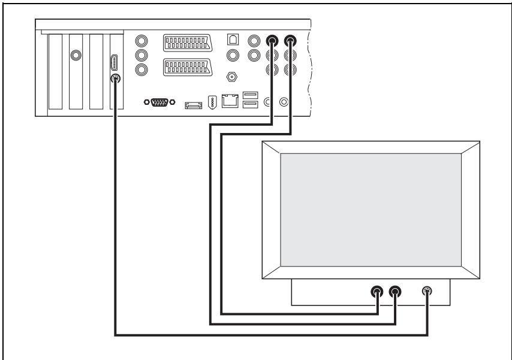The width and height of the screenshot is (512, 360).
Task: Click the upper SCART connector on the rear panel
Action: (x=188, y=43)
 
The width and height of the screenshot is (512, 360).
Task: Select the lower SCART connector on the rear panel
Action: (x=188, y=68)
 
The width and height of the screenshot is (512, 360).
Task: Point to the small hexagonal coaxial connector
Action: (x=231, y=77)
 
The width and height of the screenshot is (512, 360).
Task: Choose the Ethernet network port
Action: (x=229, y=102)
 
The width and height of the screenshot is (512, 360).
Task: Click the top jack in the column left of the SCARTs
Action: (x=142, y=41)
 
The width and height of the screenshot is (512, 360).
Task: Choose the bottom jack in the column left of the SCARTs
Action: (x=142, y=69)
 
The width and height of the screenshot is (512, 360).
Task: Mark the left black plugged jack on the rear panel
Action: (x=273, y=41)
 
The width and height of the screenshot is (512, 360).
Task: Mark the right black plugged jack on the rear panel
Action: (x=291, y=41)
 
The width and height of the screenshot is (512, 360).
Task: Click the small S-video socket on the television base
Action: (x=427, y=292)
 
